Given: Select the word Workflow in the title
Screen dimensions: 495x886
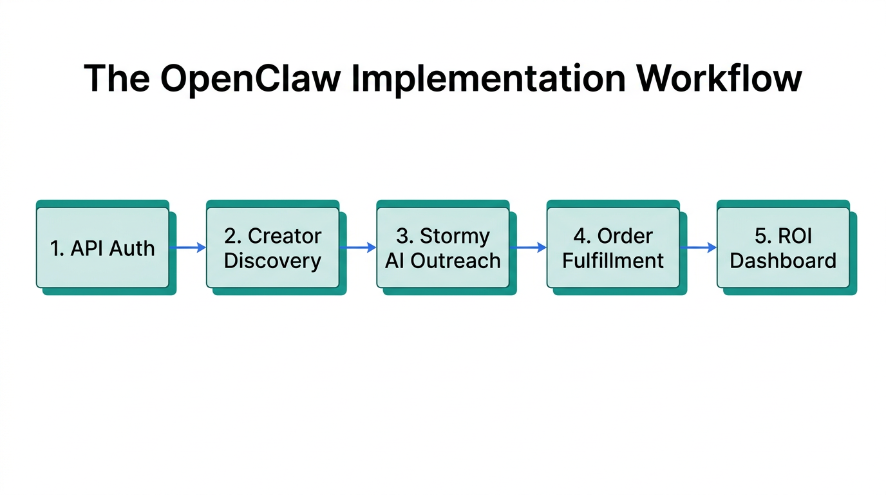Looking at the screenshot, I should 719,79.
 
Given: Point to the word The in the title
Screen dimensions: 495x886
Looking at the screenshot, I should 117,79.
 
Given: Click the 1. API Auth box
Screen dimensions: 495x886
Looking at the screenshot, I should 102,247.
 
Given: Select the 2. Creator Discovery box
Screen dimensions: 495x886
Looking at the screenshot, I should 272,247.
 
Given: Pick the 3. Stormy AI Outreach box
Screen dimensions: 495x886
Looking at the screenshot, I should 443,247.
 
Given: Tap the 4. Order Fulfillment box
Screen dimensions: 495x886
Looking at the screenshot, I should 613,247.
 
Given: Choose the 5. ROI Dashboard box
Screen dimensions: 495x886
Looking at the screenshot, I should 783,247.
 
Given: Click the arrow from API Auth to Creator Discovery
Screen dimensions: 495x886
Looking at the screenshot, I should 188,247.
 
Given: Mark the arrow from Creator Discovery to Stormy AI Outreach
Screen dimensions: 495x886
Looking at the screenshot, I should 358,247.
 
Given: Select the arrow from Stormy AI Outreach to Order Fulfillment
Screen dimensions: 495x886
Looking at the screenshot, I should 528,247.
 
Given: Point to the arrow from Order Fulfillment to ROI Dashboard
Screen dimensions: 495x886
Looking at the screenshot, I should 699,247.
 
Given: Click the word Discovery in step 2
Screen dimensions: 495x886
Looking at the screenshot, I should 272,261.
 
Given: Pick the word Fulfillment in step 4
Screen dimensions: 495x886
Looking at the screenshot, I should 613,261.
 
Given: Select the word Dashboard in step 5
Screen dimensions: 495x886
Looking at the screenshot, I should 783,261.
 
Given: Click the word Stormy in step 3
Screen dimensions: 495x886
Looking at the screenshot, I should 455,236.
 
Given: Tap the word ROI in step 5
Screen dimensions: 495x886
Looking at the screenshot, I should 795,236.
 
